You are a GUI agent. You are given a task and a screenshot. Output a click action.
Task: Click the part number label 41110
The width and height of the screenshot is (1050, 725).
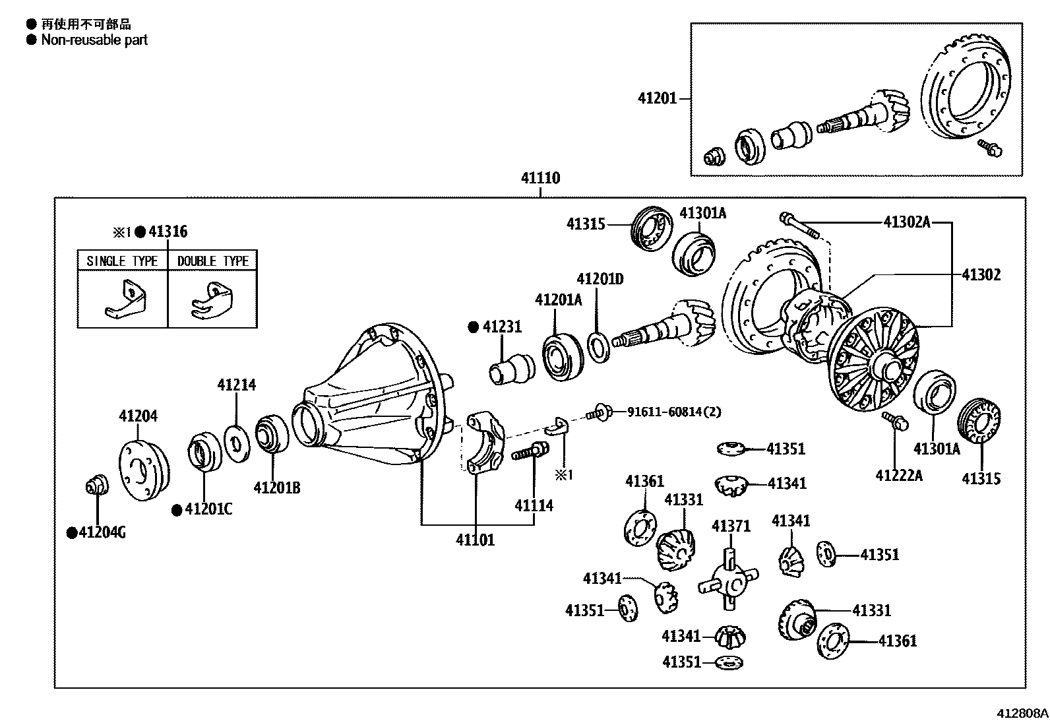click(540, 178)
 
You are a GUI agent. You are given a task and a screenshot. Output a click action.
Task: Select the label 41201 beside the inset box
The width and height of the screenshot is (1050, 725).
click(657, 98)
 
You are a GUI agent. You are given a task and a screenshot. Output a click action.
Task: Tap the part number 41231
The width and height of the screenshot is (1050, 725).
click(502, 327)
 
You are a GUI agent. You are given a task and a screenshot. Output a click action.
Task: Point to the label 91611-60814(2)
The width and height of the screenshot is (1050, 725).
click(673, 412)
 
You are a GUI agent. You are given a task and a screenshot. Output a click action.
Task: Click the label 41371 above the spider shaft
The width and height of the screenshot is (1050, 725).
click(731, 526)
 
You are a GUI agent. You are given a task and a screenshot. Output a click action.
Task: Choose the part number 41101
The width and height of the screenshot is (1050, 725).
click(475, 540)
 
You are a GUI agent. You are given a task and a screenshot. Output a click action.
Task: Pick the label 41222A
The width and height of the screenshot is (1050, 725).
click(899, 475)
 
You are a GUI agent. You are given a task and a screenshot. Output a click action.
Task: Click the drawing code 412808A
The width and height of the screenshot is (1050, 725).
click(1022, 713)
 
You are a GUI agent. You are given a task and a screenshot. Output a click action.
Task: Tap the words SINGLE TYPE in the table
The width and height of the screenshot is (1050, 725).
click(122, 261)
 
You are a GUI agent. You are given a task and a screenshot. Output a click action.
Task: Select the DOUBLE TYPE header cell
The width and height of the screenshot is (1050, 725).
click(213, 261)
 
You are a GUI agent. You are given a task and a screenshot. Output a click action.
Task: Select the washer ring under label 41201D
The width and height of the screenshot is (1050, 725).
click(598, 348)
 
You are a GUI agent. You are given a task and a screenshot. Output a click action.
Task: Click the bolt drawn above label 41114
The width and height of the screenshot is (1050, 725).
click(530, 453)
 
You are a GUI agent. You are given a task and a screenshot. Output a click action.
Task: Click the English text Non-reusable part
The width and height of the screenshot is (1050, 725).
click(94, 40)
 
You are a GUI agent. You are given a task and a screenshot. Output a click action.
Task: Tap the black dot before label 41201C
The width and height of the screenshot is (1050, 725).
click(177, 510)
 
